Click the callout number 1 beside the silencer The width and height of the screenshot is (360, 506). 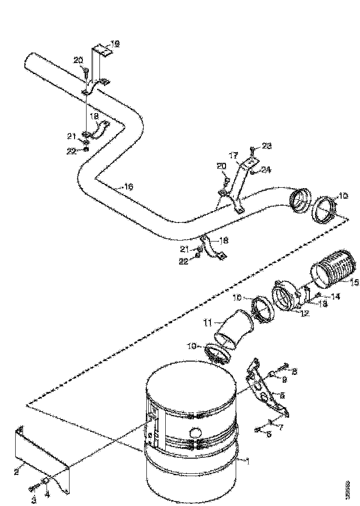(248, 460)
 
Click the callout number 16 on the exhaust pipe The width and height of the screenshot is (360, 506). (128, 187)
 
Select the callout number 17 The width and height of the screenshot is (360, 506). (233, 155)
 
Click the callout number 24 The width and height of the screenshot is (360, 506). (266, 170)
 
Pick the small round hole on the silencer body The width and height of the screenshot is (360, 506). (195, 432)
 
